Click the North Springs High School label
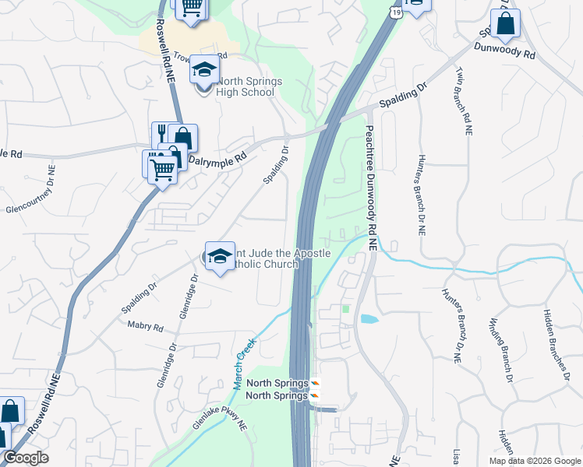tap(246, 86)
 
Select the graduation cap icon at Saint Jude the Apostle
tap(220, 256)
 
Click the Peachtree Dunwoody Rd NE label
tap(370, 188)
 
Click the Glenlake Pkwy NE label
tap(221, 422)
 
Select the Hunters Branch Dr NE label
tap(454, 327)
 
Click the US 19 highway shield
tap(397, 13)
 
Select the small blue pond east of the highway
tap(368, 319)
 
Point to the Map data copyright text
tap(534, 461)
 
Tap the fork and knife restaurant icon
tap(162, 133)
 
